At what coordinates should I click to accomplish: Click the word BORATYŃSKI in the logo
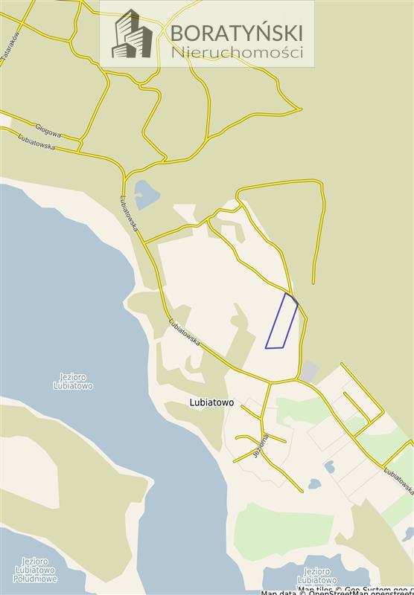pos(236,33)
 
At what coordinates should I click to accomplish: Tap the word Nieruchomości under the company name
pos(237,53)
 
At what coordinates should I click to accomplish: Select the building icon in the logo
pos(132,35)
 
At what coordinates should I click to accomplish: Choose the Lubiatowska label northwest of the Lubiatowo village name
pos(184,330)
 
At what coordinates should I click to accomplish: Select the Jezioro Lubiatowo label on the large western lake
pos(73,382)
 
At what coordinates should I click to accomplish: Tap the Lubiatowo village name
pos(211,402)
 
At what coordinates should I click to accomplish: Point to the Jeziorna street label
pos(260,446)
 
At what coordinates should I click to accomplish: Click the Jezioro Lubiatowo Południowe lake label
pos(35,570)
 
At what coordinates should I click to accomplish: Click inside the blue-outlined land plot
pos(281,321)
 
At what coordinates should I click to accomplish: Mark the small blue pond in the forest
pos(146,193)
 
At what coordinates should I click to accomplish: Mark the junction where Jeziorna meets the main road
pos(270,384)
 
